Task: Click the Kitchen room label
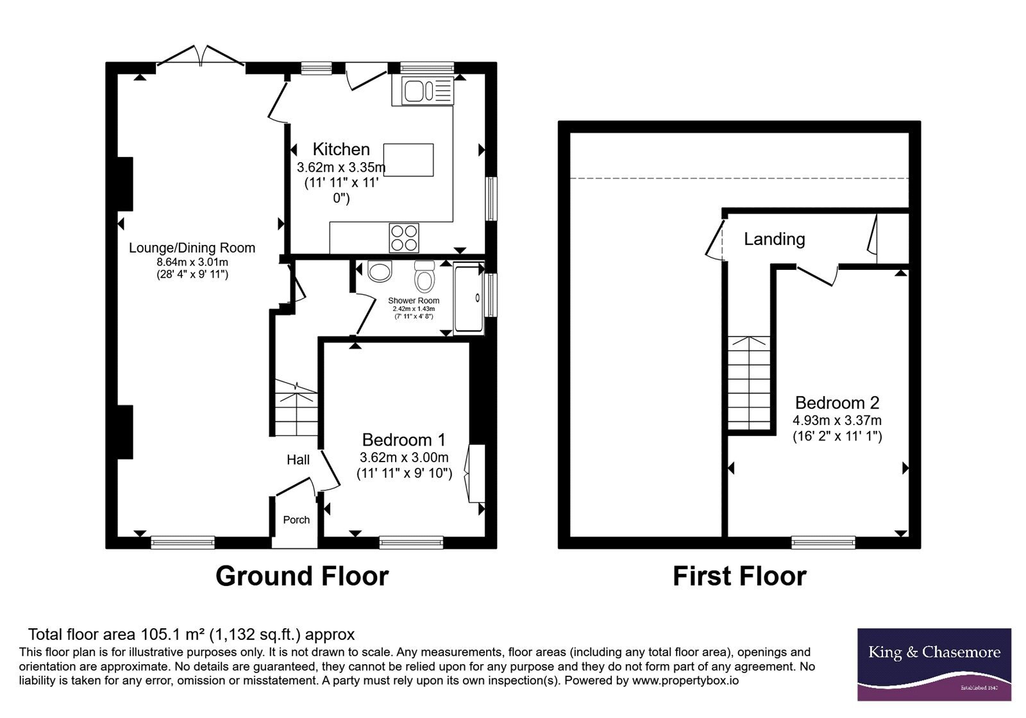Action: click(x=341, y=149)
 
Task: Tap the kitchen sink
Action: click(x=428, y=90)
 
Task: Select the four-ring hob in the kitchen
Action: click(x=404, y=238)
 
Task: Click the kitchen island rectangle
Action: click(x=408, y=160)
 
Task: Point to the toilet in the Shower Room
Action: click(x=425, y=276)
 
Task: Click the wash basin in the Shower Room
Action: click(x=380, y=271)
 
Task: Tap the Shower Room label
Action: click(x=414, y=301)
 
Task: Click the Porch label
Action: click(x=296, y=520)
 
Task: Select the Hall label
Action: click(x=298, y=460)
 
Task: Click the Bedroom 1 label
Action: click(x=403, y=440)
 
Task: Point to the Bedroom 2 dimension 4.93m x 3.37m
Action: click(x=837, y=421)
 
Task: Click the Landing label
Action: click(x=775, y=239)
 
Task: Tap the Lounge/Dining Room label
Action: click(x=192, y=247)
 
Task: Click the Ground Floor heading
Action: click(x=302, y=576)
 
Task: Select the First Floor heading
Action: click(x=740, y=576)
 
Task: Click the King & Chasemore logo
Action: click(x=934, y=664)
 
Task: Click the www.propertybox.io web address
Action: click(x=685, y=680)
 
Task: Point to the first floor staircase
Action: click(x=750, y=383)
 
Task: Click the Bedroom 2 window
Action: click(x=823, y=542)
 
